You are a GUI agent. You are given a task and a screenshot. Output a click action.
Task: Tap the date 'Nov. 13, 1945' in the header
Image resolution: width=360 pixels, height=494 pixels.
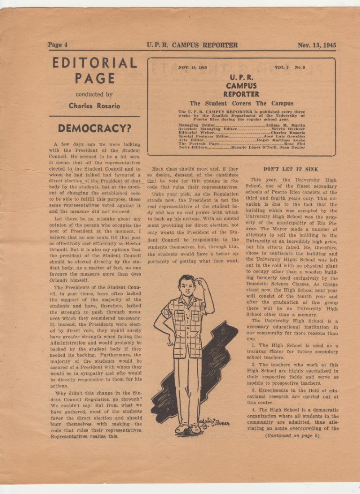316,45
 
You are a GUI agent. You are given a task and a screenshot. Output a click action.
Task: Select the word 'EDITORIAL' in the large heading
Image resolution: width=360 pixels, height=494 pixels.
94,63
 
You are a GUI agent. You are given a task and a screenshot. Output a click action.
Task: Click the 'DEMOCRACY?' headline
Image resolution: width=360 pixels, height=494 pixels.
94,128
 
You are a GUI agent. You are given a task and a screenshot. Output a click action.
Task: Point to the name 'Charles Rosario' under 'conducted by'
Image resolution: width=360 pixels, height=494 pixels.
94,106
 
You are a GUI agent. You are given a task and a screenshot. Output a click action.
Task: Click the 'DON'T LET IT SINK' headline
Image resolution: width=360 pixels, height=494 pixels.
291,169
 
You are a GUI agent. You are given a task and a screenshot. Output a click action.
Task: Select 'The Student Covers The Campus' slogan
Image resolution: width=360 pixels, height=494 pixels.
241,103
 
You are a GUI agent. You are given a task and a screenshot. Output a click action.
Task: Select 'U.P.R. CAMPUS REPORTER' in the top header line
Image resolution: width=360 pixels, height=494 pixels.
192,45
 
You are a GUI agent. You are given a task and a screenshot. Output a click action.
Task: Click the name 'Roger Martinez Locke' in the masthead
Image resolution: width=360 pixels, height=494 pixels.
281,140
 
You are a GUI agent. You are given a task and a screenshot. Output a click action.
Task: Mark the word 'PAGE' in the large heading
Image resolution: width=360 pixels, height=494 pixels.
94,78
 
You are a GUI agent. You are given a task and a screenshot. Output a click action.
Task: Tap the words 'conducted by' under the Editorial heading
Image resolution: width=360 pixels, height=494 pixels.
94,94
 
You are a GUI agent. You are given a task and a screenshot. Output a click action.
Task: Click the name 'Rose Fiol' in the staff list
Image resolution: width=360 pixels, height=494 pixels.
294,143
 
